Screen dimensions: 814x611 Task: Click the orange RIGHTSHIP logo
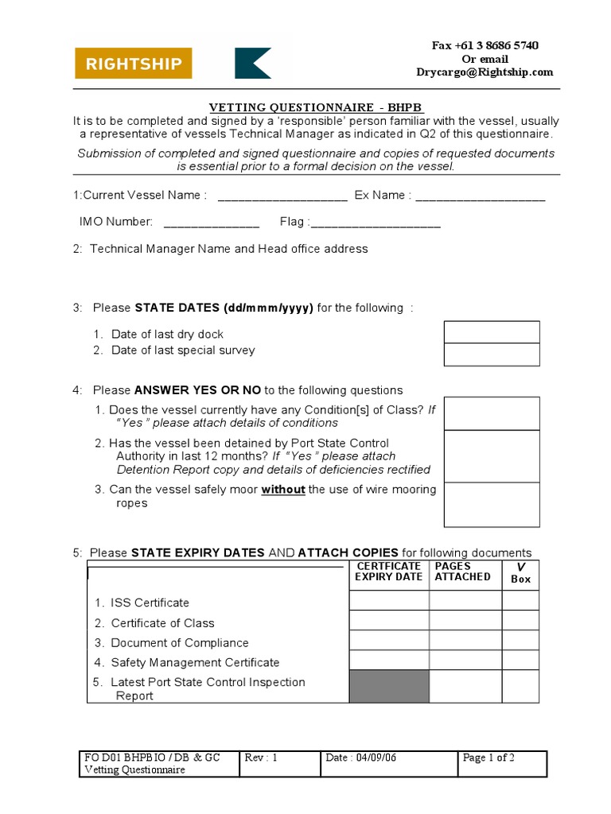pos(134,64)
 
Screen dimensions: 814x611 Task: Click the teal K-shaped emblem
pos(253,64)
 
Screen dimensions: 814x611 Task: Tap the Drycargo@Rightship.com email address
pos(485,72)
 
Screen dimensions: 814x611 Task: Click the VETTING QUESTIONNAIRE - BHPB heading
pos(317,107)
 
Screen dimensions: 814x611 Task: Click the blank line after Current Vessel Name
pos(282,196)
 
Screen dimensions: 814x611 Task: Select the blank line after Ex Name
pos(480,196)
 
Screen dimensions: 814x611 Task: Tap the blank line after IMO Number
pos(212,223)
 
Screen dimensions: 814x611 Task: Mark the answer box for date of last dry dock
pos(492,332)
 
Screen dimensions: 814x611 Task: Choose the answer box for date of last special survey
pos(492,355)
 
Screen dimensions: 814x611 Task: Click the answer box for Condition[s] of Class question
pos(492,413)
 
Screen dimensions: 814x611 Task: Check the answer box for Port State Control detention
pos(492,456)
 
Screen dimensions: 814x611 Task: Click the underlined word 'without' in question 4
pos(283,490)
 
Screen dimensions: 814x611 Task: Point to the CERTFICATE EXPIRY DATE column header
pos(388,572)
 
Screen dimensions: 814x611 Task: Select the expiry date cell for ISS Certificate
pos(388,601)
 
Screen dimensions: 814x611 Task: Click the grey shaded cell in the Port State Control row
pos(388,687)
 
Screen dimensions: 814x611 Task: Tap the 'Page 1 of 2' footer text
pos(488,758)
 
